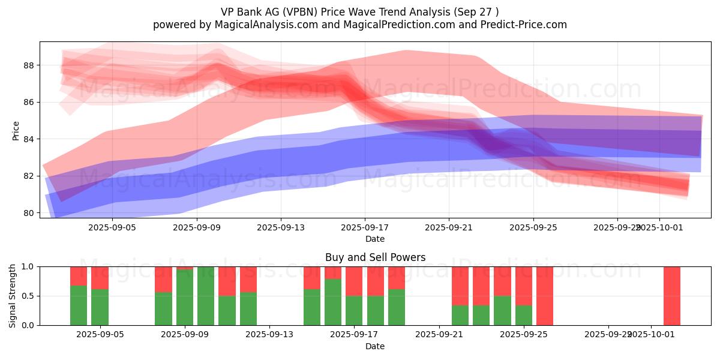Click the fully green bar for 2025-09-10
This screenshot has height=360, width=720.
point(206,296)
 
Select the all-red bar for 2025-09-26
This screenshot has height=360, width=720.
point(545,296)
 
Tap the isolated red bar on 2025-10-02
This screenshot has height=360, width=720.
point(672,296)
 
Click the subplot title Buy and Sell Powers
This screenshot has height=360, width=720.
point(375,257)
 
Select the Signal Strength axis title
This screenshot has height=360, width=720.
point(13,296)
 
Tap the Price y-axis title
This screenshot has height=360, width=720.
point(16,131)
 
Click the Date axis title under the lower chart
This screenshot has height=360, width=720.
point(375,346)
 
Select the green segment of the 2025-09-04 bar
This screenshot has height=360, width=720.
point(79,305)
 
